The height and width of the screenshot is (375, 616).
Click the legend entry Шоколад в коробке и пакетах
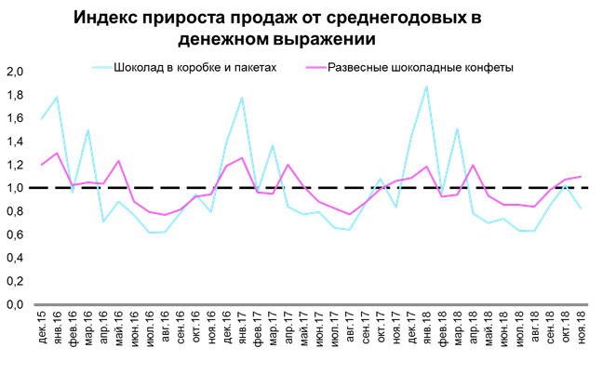194,68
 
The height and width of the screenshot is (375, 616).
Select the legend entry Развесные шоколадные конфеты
419,68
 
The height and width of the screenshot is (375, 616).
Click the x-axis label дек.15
42,333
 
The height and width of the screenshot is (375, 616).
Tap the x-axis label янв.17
242,333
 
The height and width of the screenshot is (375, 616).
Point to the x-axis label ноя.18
580,333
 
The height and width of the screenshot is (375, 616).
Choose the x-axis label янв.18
426,333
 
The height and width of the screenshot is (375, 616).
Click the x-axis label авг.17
350,333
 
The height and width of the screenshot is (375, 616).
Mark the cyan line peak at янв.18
426,87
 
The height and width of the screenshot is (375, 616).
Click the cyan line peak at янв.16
58,97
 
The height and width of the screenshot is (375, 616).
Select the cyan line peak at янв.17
242,98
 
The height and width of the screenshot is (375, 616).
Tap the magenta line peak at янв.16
58,154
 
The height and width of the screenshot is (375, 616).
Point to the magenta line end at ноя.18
580,177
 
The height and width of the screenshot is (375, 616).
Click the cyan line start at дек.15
42,119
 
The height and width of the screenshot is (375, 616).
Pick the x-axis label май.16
119,333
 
